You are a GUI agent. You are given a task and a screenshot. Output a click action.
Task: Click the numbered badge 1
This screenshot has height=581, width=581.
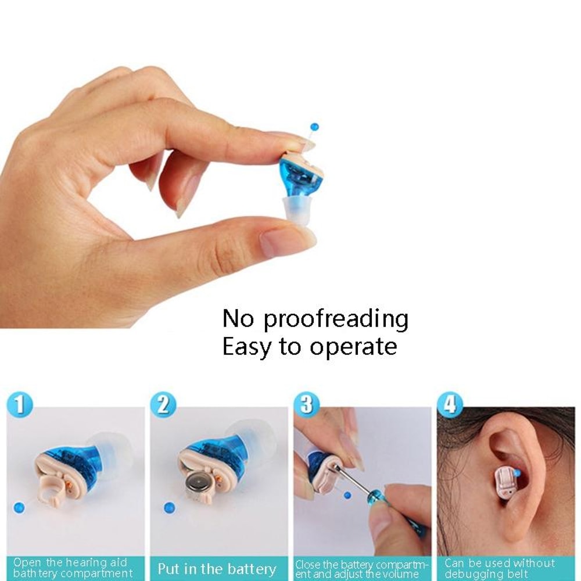tap(20, 404)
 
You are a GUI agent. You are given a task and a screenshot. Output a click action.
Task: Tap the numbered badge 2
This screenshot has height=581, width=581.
tap(163, 404)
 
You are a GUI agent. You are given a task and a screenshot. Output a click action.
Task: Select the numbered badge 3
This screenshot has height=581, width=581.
tap(306, 404)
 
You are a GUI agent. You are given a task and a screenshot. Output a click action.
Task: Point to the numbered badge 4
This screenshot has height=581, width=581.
tap(450, 404)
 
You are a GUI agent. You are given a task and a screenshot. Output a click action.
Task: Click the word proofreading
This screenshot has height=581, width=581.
tap(336, 319)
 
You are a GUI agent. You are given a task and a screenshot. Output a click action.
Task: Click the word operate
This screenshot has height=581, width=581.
tap(353, 346)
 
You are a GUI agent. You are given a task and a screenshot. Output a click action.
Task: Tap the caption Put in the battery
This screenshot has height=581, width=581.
tap(217, 568)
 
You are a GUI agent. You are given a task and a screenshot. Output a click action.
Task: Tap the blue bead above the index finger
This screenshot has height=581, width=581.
tap(314, 126)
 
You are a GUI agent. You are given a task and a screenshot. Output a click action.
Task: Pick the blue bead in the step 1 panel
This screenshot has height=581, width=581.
tap(19, 507)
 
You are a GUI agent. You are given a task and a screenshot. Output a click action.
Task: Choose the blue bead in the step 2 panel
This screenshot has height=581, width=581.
tap(169, 507)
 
